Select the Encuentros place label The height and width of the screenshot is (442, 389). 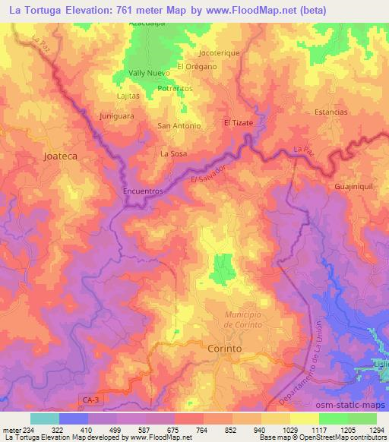(x=144, y=192)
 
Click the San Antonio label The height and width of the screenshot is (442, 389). (x=179, y=125)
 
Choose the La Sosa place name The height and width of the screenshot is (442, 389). (x=173, y=153)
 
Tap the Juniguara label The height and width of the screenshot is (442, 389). (x=116, y=116)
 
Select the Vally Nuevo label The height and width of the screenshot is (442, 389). (x=149, y=73)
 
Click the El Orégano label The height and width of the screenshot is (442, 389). (x=198, y=66)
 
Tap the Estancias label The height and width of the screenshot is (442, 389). (x=330, y=112)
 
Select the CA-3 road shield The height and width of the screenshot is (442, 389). (x=89, y=398)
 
